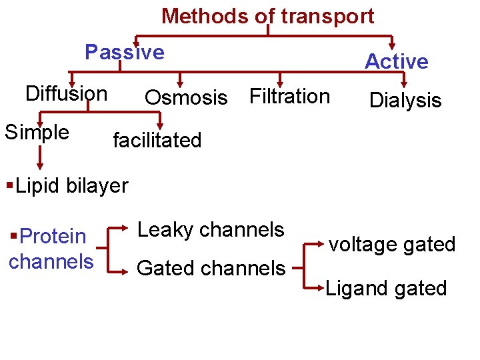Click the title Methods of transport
coord(267,16)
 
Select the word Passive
coord(125,52)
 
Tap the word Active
coord(396,61)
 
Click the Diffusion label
coord(66,94)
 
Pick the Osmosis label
coord(186,98)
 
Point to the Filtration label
coord(289,97)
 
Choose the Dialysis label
coord(405,101)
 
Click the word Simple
coord(37,132)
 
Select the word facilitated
coord(157,141)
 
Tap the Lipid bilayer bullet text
coord(67,185)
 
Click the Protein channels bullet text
coord(51,249)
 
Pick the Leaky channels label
coord(211,230)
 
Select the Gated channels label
coord(211,268)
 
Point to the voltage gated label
coord(391,245)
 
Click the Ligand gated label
coord(386,289)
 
